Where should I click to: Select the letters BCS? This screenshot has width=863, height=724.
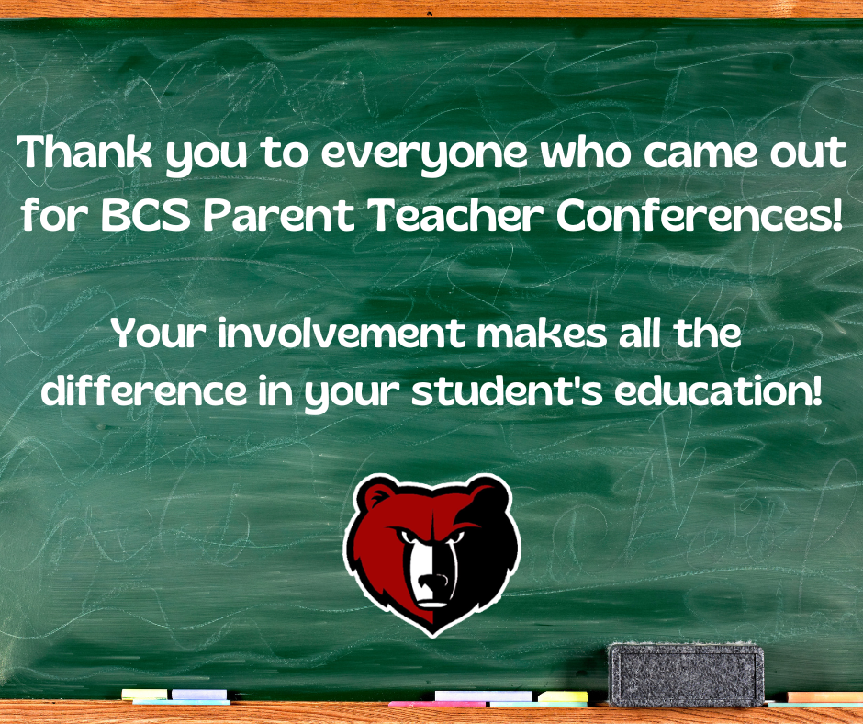145,214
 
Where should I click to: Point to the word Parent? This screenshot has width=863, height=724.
278,214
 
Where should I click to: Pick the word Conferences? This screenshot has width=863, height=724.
699,214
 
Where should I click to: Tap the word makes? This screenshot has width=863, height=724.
542,334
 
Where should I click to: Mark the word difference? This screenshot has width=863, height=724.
144,390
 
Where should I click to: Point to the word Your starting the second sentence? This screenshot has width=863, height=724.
160,334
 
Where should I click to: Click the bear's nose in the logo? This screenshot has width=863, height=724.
433,582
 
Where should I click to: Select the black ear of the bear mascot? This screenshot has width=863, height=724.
488,493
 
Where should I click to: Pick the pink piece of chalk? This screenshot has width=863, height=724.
438,704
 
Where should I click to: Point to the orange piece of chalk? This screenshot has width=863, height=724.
825,697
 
